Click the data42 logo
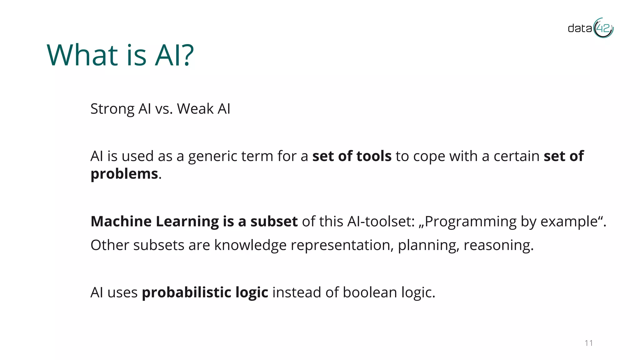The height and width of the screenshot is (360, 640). pyautogui.click(x=590, y=28)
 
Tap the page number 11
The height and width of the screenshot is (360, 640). pyautogui.click(x=589, y=343)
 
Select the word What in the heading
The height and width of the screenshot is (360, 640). pyautogui.click(x=82, y=55)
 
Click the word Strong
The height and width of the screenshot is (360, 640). pyautogui.click(x=112, y=109)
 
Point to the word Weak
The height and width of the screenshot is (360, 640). pyautogui.click(x=195, y=109)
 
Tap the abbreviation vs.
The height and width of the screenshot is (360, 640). pyautogui.click(x=164, y=109)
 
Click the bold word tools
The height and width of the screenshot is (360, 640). pyautogui.click(x=374, y=156)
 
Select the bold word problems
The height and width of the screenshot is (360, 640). pyautogui.click(x=124, y=174)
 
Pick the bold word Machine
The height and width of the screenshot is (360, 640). pyautogui.click(x=121, y=221)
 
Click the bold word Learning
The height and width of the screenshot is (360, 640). pyautogui.click(x=187, y=222)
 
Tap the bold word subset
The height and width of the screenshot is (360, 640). pyautogui.click(x=274, y=221)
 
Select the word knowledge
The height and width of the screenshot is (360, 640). pyautogui.click(x=250, y=245)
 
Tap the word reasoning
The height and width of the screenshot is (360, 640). pyautogui.click(x=498, y=245)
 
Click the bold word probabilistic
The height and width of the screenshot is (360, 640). pyautogui.click(x=186, y=292)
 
